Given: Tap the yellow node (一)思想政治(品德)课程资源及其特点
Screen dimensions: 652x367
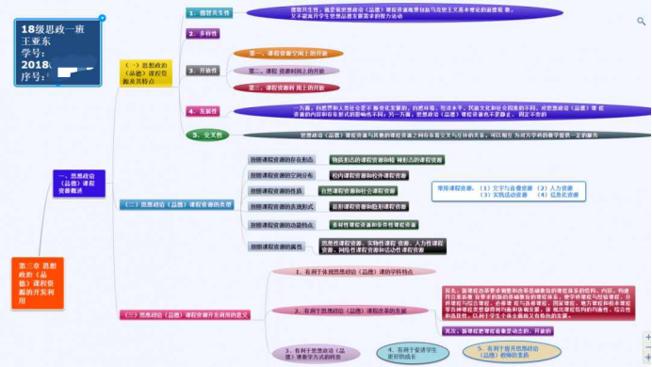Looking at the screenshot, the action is (x=146, y=74).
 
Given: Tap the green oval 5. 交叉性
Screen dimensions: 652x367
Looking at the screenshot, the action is (x=208, y=136).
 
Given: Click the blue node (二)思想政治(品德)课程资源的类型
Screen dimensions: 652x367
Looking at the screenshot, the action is (x=173, y=203).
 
